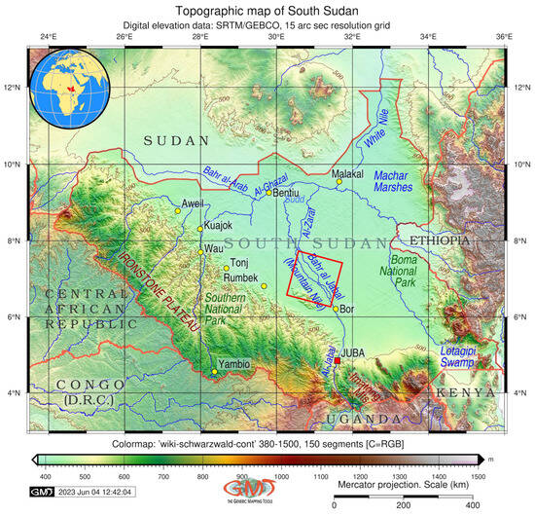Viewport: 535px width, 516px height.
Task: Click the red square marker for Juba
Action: (338, 361)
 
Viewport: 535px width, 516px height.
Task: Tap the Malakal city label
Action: (347, 173)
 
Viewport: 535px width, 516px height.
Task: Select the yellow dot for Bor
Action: (336, 309)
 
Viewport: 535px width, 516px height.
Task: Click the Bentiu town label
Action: (286, 193)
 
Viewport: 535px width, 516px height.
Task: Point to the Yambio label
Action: (233, 363)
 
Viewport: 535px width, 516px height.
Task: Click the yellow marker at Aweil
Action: (178, 210)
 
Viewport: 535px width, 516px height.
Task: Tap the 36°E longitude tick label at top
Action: (503, 36)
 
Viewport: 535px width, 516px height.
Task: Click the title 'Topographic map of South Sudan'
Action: (267, 9)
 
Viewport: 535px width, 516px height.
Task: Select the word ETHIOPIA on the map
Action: (439, 240)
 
